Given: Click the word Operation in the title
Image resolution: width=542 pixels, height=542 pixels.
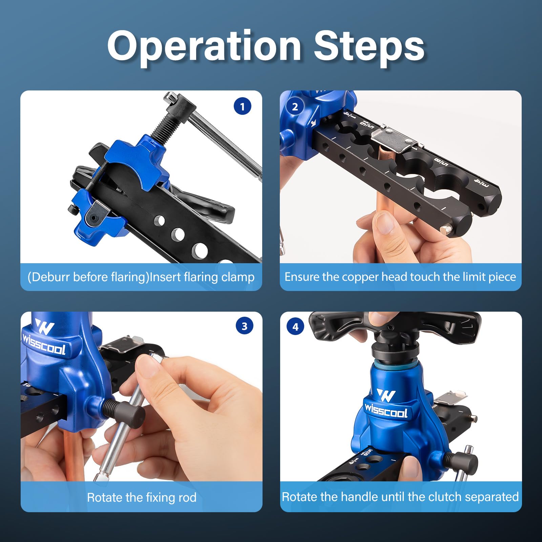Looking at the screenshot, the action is pyautogui.click(x=204, y=47).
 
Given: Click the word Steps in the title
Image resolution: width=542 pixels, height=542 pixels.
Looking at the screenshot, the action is pyautogui.click(x=369, y=47).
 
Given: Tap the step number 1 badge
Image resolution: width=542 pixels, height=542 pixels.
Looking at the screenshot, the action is pyautogui.click(x=242, y=106).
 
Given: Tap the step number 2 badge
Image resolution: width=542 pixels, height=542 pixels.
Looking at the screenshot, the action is pyautogui.click(x=295, y=107).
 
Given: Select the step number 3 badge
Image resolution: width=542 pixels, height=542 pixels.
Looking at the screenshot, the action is pyautogui.click(x=245, y=326).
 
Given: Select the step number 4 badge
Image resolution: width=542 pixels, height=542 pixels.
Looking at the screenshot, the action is pyautogui.click(x=295, y=327).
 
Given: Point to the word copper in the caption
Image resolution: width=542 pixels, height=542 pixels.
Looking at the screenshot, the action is pyautogui.click(x=360, y=277).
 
